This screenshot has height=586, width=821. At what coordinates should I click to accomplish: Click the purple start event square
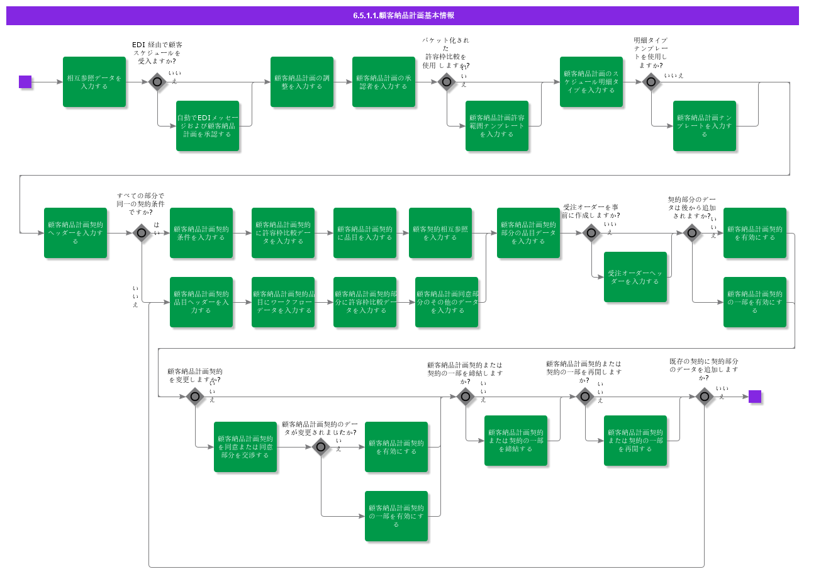tap(25, 82)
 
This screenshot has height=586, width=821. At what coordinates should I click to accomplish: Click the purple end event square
tap(755, 397)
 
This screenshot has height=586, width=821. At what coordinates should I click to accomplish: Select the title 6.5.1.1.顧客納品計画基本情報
tap(403, 16)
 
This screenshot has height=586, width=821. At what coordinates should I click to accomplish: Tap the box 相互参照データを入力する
tap(94, 82)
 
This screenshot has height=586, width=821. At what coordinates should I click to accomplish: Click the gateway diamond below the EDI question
tap(157, 82)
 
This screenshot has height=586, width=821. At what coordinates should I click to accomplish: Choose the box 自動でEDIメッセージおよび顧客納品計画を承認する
tap(208, 126)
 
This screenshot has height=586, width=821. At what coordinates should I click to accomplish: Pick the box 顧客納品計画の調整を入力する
tap(302, 82)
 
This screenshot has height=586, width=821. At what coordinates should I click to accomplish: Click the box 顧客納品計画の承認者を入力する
tap(384, 82)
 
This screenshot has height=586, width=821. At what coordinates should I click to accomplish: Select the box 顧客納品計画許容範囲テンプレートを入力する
tap(497, 126)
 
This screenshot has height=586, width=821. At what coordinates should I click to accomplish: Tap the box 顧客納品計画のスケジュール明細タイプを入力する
tap(591, 82)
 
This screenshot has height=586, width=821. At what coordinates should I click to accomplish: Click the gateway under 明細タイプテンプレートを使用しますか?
tap(651, 82)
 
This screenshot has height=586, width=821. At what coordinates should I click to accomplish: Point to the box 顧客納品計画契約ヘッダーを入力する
tap(75, 233)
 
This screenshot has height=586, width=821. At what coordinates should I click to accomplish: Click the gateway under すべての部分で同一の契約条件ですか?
tap(142, 233)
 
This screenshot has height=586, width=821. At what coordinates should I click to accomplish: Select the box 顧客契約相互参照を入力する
tap(440, 233)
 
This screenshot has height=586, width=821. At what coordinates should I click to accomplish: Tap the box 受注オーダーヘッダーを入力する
tap(635, 277)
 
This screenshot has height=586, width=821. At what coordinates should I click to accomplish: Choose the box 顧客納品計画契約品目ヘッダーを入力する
tap(201, 302)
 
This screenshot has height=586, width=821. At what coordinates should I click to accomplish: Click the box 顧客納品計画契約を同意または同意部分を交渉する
tap(245, 447)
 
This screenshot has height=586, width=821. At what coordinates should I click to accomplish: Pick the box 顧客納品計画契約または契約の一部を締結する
tap(516, 441)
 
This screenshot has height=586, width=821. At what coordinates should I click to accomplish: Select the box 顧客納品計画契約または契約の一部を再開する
tap(635, 441)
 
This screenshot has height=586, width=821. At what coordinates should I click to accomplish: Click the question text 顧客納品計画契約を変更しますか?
tap(194, 376)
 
